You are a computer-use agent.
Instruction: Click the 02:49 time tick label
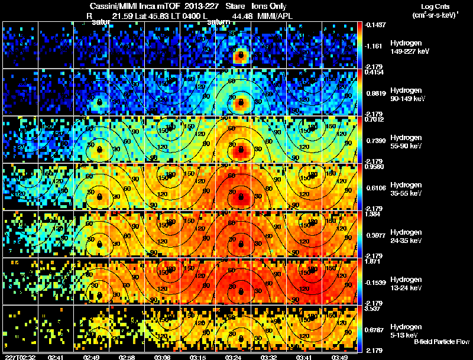tap(92, 357)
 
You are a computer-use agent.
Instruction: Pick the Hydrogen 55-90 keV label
tap(406, 142)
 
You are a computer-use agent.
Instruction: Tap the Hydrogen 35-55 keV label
tap(406, 189)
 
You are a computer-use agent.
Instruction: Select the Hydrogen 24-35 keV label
tap(406, 236)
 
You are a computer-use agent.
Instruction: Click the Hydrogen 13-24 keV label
tap(406, 284)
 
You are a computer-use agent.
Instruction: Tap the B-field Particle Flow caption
tap(441, 342)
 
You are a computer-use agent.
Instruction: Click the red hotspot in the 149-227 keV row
tap(240, 57)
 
